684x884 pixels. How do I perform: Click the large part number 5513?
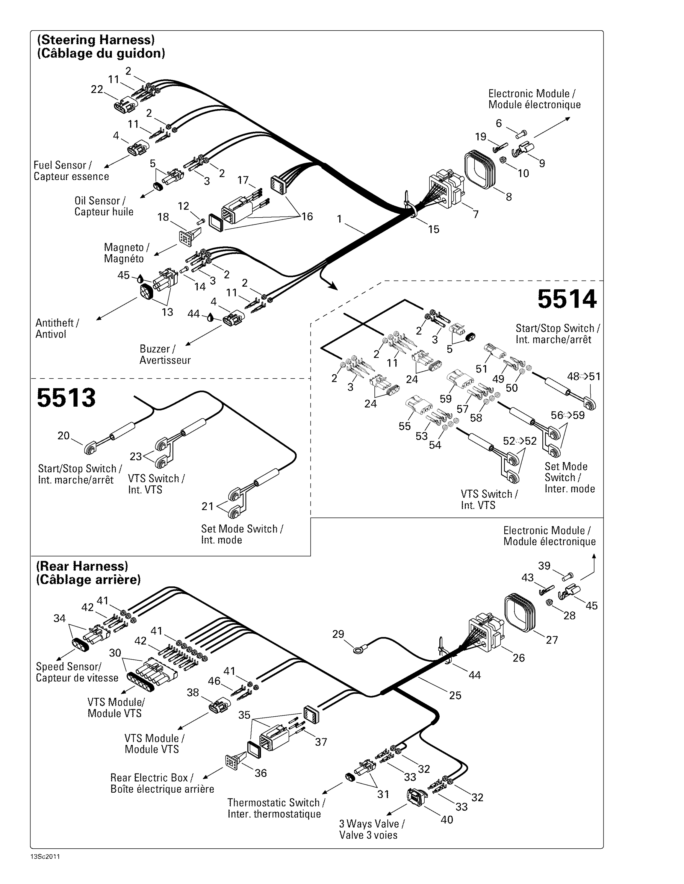[x=66, y=398]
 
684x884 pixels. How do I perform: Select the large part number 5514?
[x=567, y=299]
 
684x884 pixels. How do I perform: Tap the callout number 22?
[x=97, y=90]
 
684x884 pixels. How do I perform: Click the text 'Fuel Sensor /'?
[x=62, y=165]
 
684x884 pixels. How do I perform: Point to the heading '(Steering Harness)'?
[x=96, y=40]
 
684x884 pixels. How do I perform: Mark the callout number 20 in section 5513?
[x=64, y=436]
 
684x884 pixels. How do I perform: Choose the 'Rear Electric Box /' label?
[x=152, y=778]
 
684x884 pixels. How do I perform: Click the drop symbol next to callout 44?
[x=210, y=318]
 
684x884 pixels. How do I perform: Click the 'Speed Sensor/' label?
[x=68, y=667]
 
